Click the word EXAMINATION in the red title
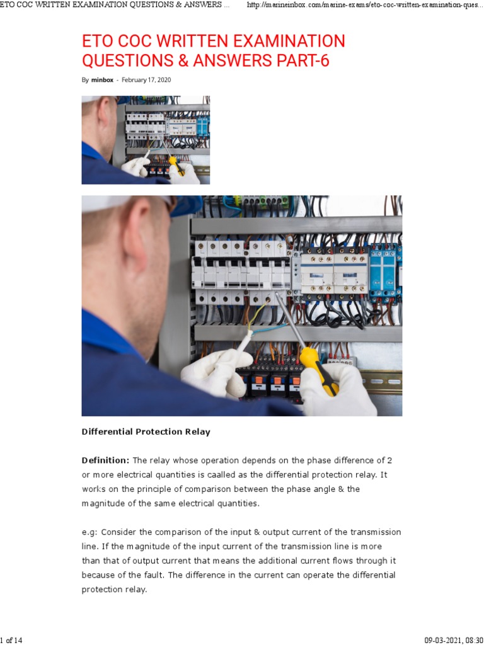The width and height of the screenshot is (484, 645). click(x=284, y=41)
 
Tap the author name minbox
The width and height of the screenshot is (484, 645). click(x=102, y=80)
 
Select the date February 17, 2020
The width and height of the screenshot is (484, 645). click(x=146, y=80)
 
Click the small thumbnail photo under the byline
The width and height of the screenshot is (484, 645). click(x=146, y=140)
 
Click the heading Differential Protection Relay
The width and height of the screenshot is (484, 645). click(x=146, y=431)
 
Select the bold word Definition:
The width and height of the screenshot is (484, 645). click(x=105, y=460)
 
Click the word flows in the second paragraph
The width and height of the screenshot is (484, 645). click(x=343, y=561)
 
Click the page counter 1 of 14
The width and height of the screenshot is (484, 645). click(x=11, y=640)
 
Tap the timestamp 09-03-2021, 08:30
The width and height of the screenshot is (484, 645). click(x=454, y=640)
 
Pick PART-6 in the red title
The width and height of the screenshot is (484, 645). click(x=303, y=60)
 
